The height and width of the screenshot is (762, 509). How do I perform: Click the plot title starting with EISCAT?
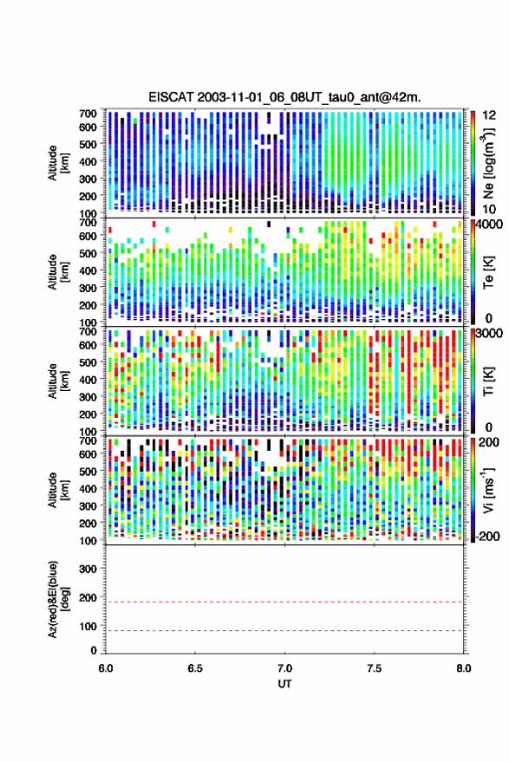pyautogui.click(x=284, y=97)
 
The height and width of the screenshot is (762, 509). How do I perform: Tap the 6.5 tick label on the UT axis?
pyautogui.click(x=195, y=668)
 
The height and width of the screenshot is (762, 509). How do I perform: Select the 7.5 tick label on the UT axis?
pyautogui.click(x=374, y=668)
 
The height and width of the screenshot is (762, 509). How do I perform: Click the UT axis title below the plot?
pyautogui.click(x=284, y=684)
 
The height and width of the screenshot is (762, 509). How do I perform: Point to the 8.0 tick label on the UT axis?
pyautogui.click(x=463, y=668)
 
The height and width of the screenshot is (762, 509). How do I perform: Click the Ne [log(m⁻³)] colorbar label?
pyautogui.click(x=488, y=163)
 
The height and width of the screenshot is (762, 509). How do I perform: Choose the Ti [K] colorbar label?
pyautogui.click(x=488, y=381)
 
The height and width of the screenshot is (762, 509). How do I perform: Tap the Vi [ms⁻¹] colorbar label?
pyautogui.click(x=488, y=491)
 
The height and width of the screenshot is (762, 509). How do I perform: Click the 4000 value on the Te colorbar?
pyautogui.click(x=489, y=225)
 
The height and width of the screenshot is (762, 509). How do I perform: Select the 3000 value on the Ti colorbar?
pyautogui.click(x=489, y=334)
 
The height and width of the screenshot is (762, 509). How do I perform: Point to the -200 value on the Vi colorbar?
pyautogui.click(x=487, y=536)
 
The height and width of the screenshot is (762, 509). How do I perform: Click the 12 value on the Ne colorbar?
pyautogui.click(x=489, y=115)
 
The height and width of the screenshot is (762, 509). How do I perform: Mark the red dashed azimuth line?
pyautogui.click(x=284, y=602)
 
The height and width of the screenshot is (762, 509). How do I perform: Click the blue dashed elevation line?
pyautogui.click(x=284, y=631)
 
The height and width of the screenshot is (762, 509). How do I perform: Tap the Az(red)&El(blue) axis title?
pyautogui.click(x=58, y=599)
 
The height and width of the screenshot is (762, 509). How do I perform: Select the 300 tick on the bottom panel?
pyautogui.click(x=88, y=569)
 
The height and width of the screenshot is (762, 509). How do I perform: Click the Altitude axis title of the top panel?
pyautogui.click(x=58, y=163)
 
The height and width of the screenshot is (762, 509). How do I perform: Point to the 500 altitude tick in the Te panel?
pyautogui.click(x=88, y=253)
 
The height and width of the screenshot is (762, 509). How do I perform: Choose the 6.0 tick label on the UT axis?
pyautogui.click(x=106, y=668)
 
